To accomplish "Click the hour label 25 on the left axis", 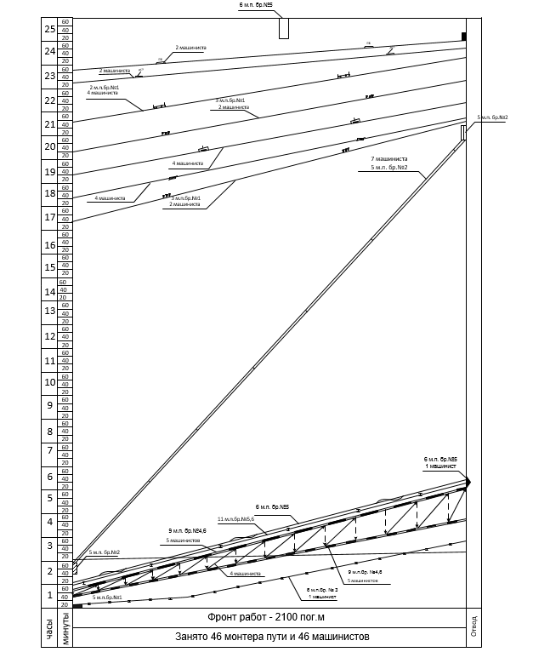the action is (x=49, y=30).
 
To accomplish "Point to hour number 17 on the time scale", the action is (x=49, y=217).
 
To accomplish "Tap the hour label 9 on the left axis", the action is (x=49, y=405).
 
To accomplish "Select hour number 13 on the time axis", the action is (x=49, y=312).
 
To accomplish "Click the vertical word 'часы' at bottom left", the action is (x=49, y=631).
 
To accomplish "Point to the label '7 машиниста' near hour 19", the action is (x=389, y=158).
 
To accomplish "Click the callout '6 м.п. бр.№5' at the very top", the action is (x=255, y=5).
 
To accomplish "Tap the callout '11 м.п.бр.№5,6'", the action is (x=237, y=518).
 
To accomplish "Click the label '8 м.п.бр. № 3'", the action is (x=322, y=589).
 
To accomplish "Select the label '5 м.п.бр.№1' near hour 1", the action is (x=107, y=598).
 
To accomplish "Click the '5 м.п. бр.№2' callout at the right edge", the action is (x=492, y=117).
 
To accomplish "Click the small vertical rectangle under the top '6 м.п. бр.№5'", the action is (x=284, y=28).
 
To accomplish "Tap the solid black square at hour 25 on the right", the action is (x=464, y=36).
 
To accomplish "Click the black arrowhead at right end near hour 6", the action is (x=466, y=482).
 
